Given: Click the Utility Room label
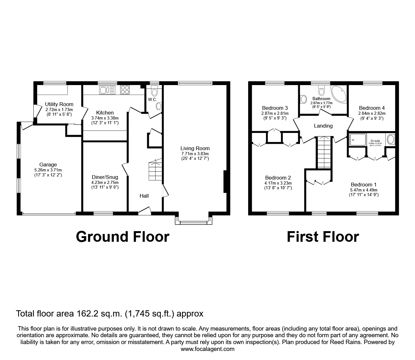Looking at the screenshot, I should pyautogui.click(x=59, y=104).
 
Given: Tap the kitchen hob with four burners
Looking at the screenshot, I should pyautogui.click(x=125, y=90).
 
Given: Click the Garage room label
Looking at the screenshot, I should pyautogui.click(x=48, y=165).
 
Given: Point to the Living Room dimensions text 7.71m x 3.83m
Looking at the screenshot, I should pyautogui.click(x=195, y=154).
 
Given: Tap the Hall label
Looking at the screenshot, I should pyautogui.click(x=144, y=196).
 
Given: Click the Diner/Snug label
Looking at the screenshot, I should pyautogui.click(x=105, y=177).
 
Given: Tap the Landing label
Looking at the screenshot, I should pyautogui.click(x=323, y=126).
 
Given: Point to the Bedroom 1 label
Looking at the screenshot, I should pyautogui.click(x=363, y=185).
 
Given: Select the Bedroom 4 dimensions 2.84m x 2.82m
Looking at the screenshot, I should pyautogui.click(x=372, y=113).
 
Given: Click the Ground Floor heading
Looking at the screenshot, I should pyautogui.click(x=122, y=237).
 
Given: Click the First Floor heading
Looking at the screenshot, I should pyautogui.click(x=323, y=237).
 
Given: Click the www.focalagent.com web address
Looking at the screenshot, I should pyautogui.click(x=207, y=349).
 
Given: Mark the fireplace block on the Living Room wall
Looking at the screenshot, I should pyautogui.click(x=225, y=182).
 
